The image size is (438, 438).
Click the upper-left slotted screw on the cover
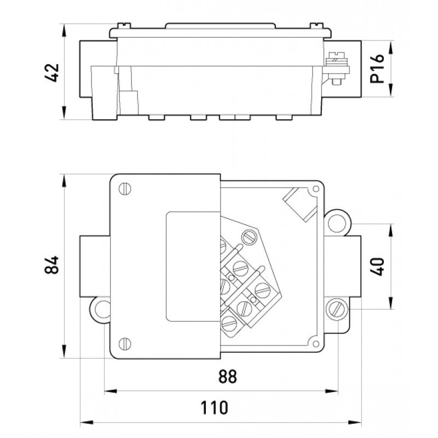(x=125, y=189)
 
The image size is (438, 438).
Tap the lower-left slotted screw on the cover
(x=125, y=343)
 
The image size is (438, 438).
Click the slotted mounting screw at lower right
(x=336, y=310)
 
